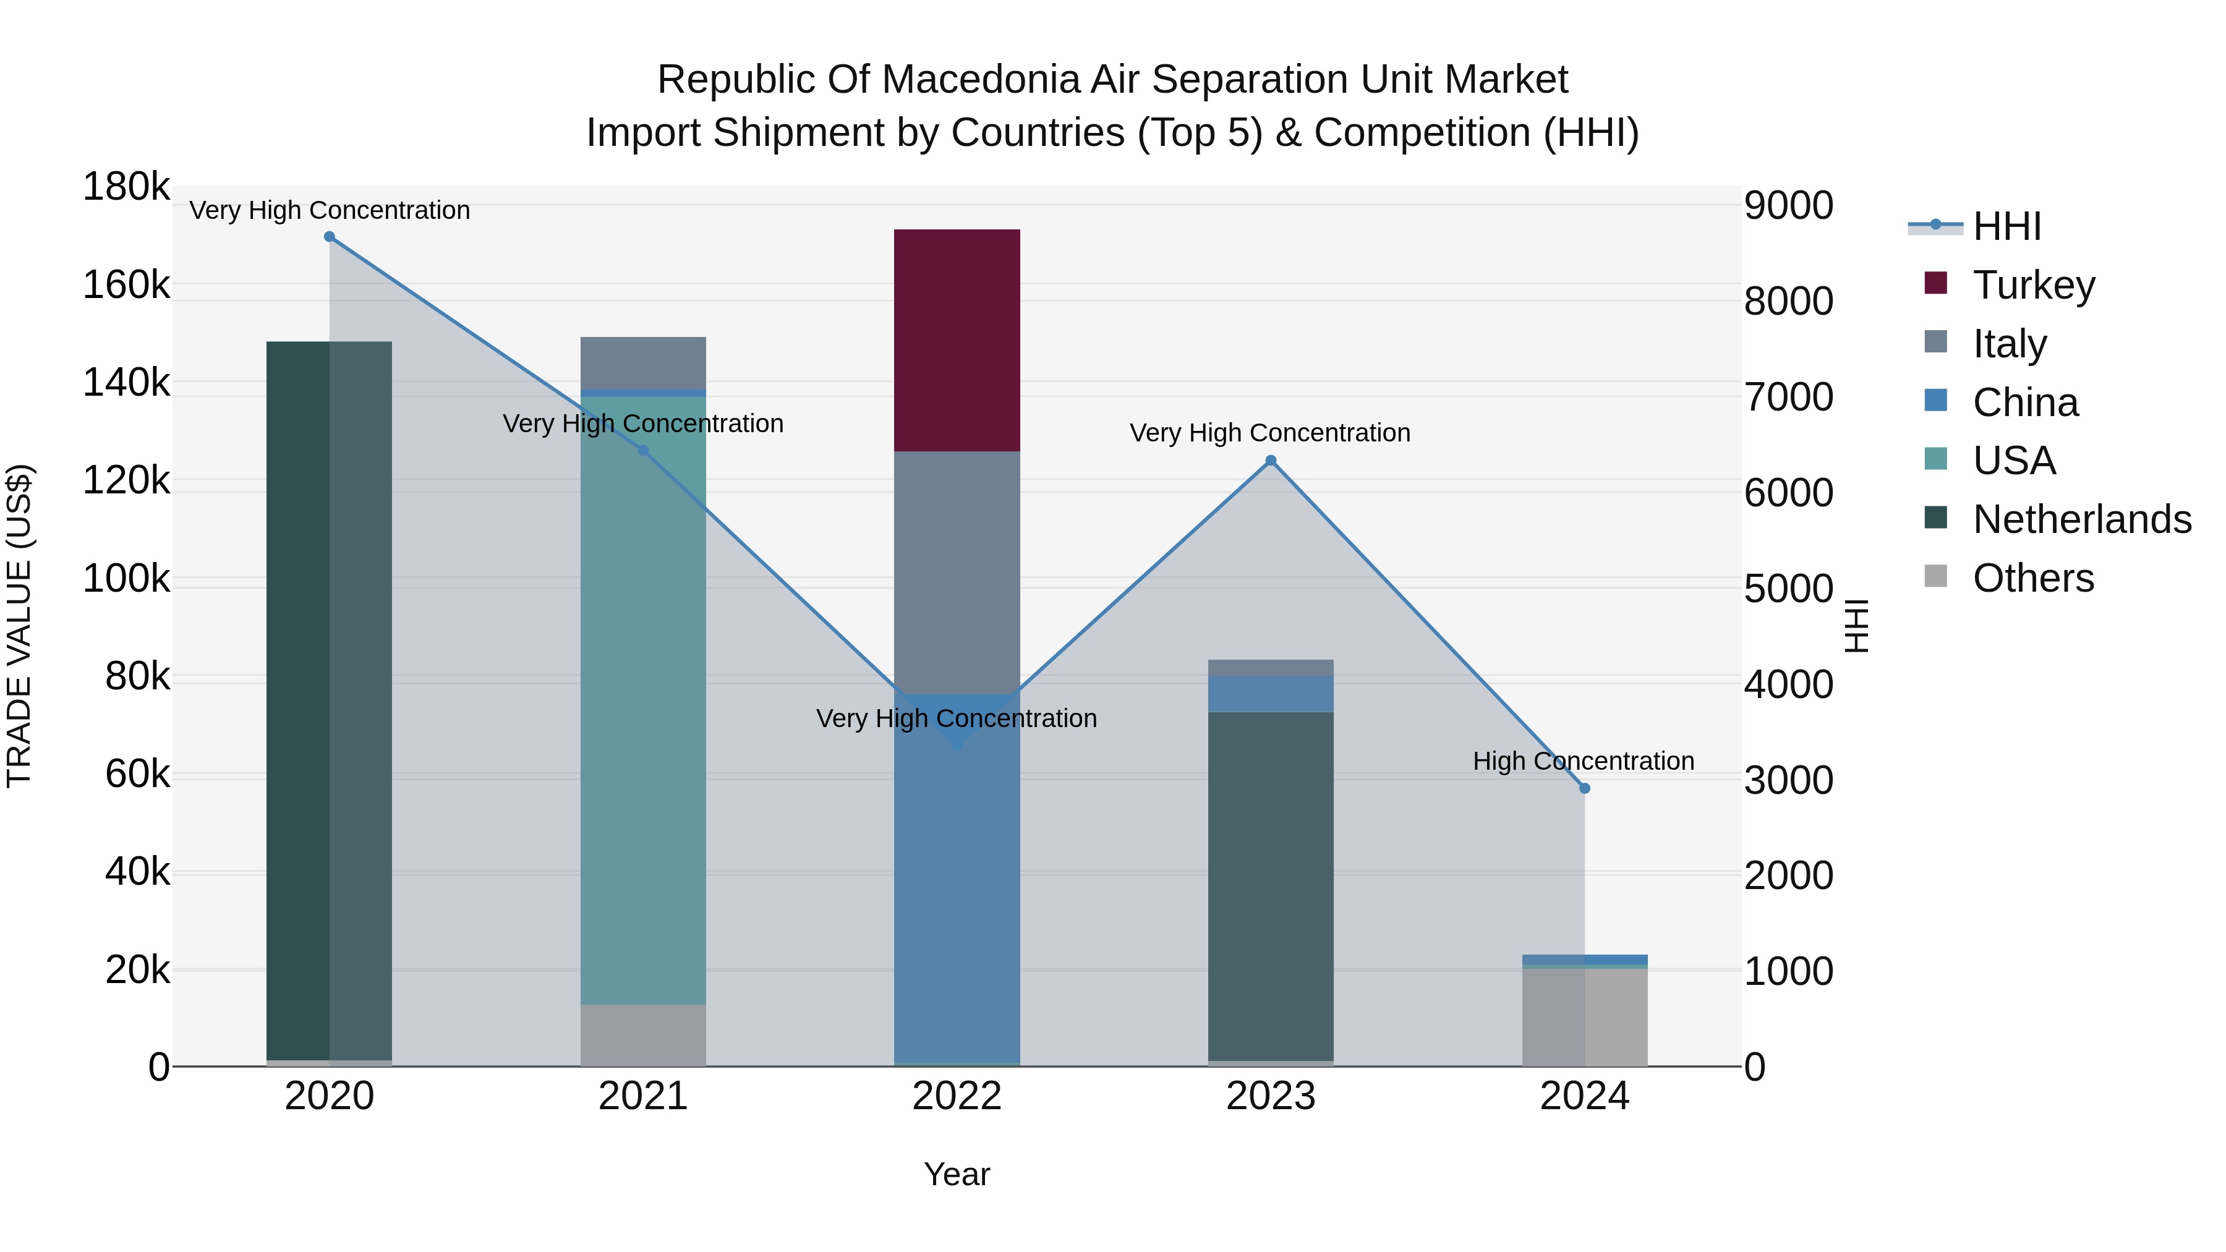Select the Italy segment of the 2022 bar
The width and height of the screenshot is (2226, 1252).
(x=957, y=571)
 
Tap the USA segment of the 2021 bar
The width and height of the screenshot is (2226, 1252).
(x=643, y=700)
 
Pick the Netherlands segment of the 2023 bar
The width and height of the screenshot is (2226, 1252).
(x=1270, y=885)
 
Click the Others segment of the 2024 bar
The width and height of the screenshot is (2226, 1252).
(x=1584, y=1017)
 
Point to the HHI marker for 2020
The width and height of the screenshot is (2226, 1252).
(x=329, y=237)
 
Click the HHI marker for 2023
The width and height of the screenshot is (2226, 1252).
(x=1270, y=461)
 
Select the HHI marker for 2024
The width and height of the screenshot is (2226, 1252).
(x=1584, y=788)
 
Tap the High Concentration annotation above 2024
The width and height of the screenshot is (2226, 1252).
(x=1583, y=761)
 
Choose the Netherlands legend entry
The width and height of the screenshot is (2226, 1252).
(x=2082, y=519)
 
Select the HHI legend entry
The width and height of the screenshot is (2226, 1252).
(x=2006, y=226)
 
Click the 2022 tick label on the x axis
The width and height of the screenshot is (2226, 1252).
(x=957, y=1096)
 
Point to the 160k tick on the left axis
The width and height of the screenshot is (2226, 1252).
(x=126, y=284)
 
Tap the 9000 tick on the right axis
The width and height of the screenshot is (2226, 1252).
(x=1788, y=206)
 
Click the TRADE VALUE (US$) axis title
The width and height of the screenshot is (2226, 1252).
(x=19, y=626)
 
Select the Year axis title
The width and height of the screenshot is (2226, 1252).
(x=957, y=1174)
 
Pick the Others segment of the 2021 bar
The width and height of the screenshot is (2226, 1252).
(x=643, y=1034)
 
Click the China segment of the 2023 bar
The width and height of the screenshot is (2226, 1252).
(x=1270, y=693)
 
